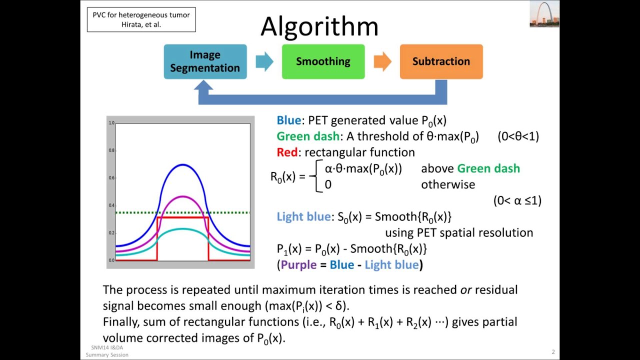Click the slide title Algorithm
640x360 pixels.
[319, 26]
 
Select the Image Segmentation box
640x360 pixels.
[205, 61]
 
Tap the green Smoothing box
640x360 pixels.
[323, 61]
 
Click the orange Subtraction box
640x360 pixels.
[441, 61]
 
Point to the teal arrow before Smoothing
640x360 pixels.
[264, 61]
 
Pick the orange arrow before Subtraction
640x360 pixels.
[382, 61]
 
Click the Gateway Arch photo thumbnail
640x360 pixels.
[544, 14]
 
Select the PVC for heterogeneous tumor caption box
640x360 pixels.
[141, 19]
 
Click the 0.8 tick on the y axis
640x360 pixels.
[112, 150]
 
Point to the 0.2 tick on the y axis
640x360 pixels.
[112, 233]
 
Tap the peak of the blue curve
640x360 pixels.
[182, 164]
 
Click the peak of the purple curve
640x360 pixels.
[182, 196]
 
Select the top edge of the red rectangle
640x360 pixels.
[182, 217]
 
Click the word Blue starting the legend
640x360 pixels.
[288, 120]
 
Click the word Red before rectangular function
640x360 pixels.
[286, 152]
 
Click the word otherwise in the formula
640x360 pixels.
[447, 184]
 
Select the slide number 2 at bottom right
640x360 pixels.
[553, 352]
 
